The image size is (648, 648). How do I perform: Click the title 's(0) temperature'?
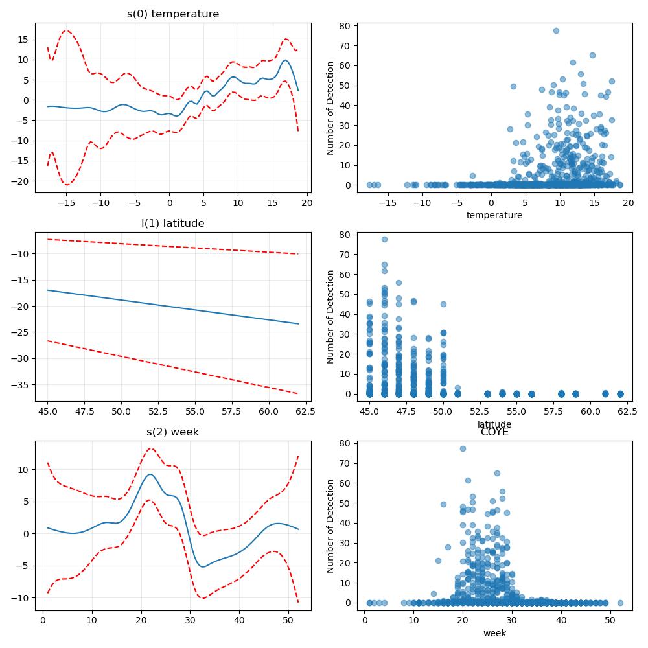173,14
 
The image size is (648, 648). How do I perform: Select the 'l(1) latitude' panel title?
173,223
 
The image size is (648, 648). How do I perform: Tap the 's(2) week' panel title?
173,432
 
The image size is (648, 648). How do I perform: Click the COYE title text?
494,432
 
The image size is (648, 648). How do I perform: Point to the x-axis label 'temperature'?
494,215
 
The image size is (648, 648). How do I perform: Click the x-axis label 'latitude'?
494,424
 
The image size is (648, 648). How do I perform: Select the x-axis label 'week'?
494,633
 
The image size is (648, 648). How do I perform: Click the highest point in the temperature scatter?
556,30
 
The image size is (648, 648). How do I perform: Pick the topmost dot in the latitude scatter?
384,239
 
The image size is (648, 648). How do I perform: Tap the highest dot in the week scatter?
463,448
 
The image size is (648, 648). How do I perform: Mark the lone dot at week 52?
620,603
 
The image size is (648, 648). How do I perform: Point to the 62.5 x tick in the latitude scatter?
627,411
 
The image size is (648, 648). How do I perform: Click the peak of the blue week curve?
150,474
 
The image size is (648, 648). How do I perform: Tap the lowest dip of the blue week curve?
202,566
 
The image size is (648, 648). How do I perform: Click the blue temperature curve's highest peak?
285,60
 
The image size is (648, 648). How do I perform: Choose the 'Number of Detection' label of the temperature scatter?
330,108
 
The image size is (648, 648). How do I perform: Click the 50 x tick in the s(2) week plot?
288,620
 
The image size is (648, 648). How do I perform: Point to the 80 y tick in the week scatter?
345,443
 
